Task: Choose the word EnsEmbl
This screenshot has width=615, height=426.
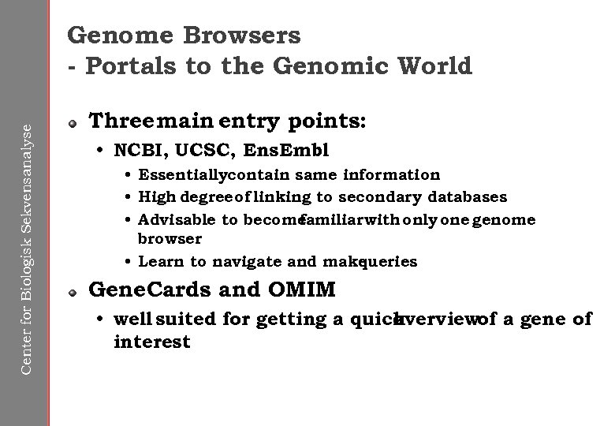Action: point(286,150)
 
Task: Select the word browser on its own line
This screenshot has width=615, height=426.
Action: point(170,237)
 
